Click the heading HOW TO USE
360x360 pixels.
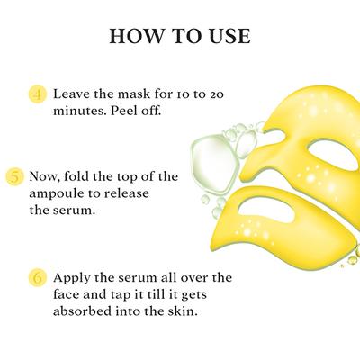click(179, 37)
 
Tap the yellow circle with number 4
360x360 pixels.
click(38, 93)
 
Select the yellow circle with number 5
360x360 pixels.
click(14, 176)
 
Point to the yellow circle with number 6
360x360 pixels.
click(38, 278)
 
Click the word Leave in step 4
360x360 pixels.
click(72, 93)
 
